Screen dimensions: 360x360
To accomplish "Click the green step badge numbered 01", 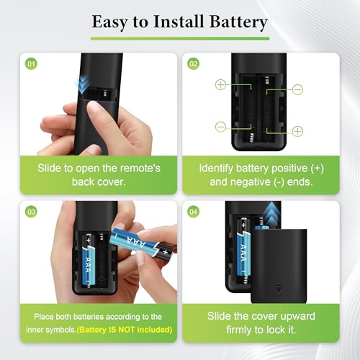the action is click(x=31, y=64).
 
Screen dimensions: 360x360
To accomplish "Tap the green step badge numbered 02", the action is click(x=193, y=64).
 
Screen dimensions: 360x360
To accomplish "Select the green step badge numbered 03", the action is click(x=31, y=212).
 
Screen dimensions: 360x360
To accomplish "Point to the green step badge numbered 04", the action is click(x=193, y=212).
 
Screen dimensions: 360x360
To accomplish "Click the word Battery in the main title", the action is click(x=238, y=22).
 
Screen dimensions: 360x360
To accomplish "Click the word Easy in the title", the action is click(x=109, y=22).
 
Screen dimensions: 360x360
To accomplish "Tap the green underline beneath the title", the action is click(x=180, y=39).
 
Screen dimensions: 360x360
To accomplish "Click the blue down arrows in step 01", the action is click(x=83, y=85).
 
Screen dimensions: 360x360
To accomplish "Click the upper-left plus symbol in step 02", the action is click(x=220, y=85).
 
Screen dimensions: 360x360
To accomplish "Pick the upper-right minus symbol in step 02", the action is click(x=297, y=90).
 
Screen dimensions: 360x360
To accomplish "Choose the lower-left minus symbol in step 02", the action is click(x=220, y=127).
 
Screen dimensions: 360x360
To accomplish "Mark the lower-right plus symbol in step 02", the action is click(x=297, y=131).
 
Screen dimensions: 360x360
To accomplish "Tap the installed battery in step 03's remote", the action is click(x=89, y=261).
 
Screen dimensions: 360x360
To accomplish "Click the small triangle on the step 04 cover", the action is click(x=279, y=289).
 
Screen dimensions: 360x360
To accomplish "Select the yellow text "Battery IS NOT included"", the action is click(x=125, y=330).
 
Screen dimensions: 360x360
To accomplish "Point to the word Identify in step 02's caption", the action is click(x=216, y=168).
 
